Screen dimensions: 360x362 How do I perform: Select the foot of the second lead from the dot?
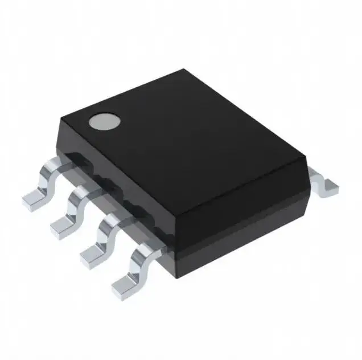click(62, 227)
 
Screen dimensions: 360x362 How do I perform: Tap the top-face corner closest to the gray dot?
click(61, 117)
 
